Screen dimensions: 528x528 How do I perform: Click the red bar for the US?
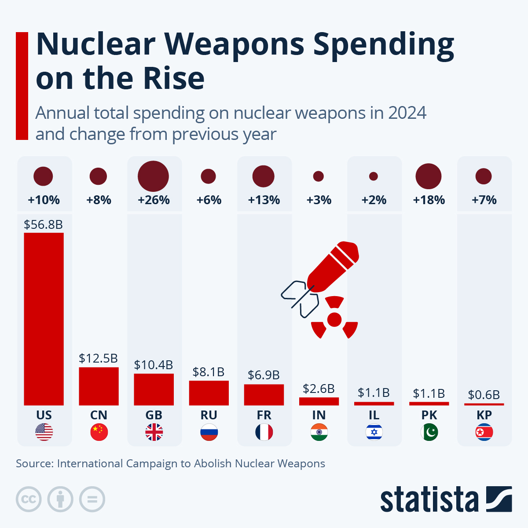point(44,319)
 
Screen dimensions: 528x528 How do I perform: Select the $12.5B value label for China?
point(98,358)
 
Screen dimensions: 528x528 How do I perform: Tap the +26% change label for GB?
point(154,200)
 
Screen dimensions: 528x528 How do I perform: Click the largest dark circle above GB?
point(153,176)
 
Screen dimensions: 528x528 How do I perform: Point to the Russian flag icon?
point(209,433)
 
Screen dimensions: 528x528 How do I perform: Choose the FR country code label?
point(264,415)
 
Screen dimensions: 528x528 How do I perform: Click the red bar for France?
point(264,395)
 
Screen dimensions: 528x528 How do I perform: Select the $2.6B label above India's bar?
point(319,389)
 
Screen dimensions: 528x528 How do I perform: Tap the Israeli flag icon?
point(374,433)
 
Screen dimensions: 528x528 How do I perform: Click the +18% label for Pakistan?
point(429,200)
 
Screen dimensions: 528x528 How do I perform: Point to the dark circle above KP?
point(484,176)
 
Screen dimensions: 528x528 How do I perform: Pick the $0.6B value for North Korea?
point(484,395)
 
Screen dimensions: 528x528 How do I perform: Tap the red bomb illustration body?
point(333,267)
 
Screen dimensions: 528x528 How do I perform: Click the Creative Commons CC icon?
point(29,499)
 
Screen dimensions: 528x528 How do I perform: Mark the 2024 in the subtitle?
point(407,113)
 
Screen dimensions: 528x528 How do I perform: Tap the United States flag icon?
point(44,433)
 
